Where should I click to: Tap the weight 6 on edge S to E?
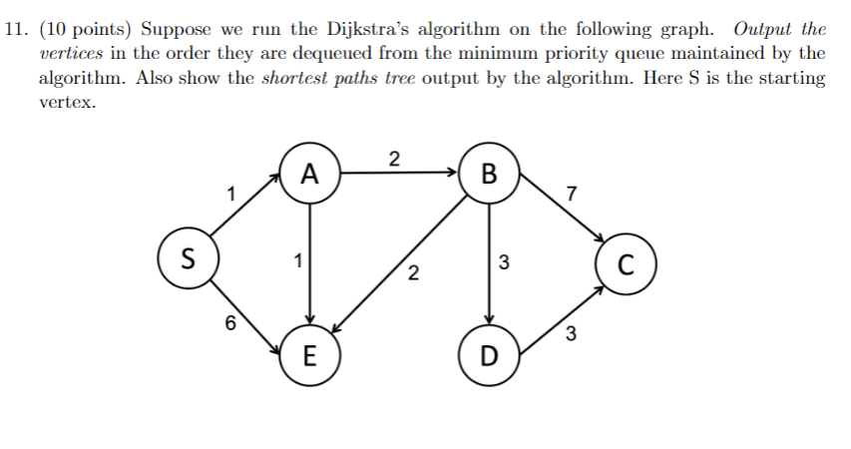pos(231,322)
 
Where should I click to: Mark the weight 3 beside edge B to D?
pos(504,263)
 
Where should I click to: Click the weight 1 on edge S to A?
pos(231,193)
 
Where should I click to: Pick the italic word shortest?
pos(294,79)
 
